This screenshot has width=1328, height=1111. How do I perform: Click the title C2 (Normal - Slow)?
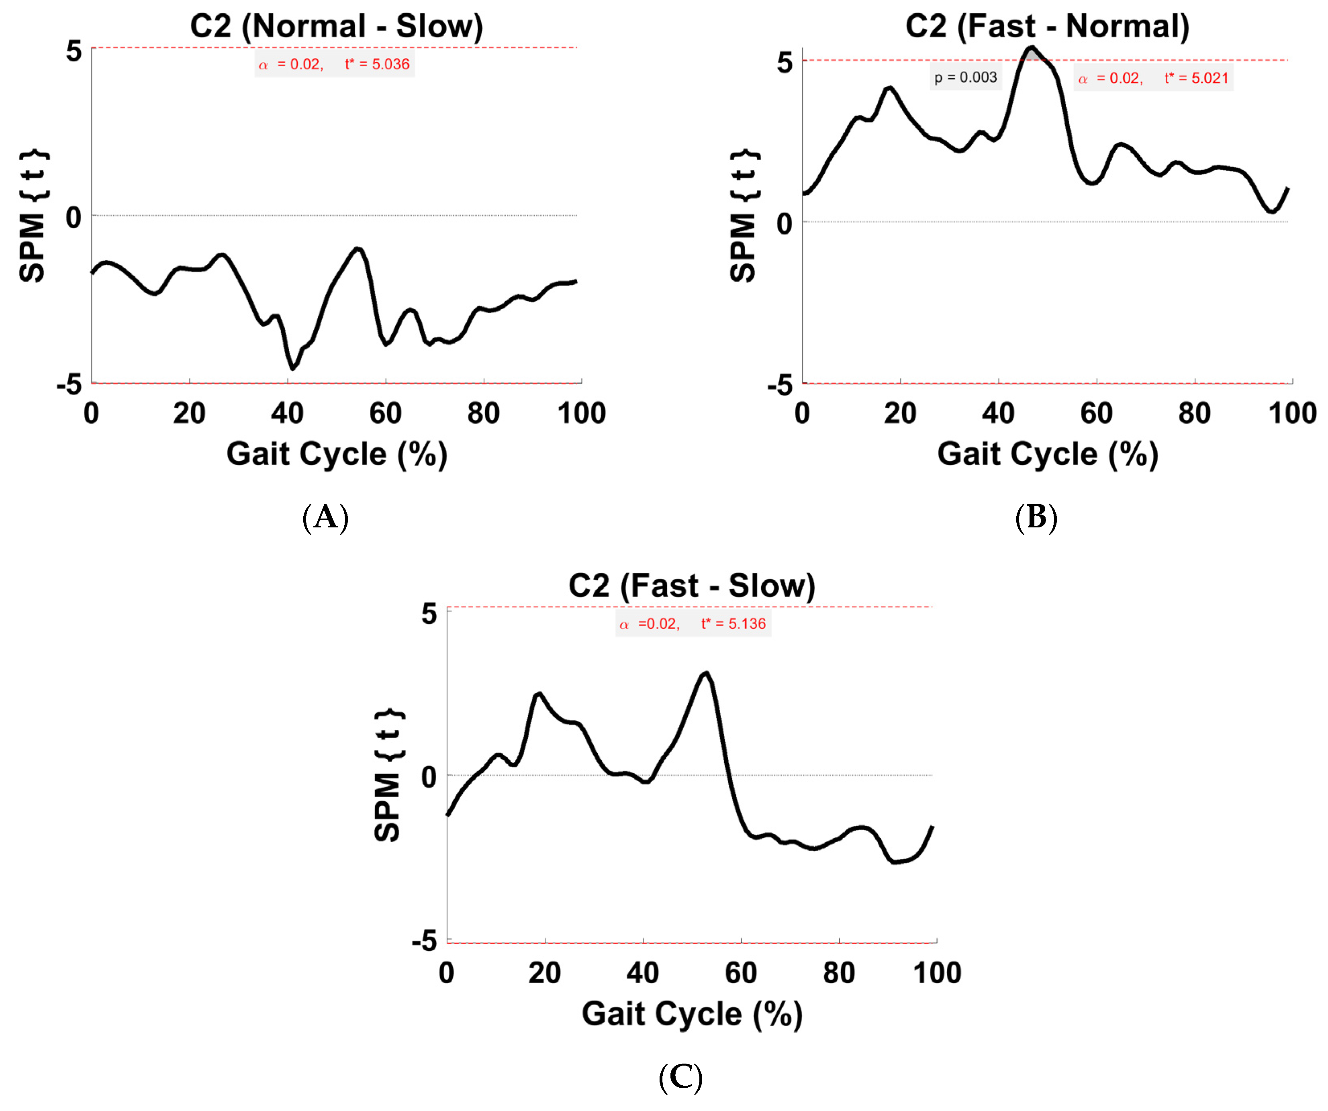pos(337,27)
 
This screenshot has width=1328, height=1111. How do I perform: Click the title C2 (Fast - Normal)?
pos(1047,27)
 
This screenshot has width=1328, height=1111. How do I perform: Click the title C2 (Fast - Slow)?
pos(692,586)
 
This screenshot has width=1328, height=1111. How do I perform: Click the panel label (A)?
pos(325,517)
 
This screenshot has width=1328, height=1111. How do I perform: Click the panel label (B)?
pos(1036,517)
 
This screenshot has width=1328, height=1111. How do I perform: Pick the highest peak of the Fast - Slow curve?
pos(706,674)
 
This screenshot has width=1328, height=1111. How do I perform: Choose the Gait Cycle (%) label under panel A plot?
pos(337,454)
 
